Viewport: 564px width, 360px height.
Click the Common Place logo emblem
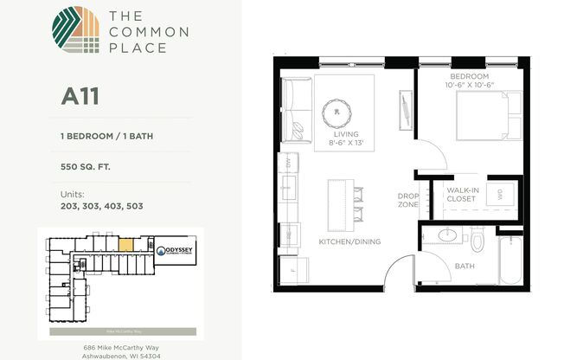tap(75, 32)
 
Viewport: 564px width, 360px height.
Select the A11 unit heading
tap(80, 96)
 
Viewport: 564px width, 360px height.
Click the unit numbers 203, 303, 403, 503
tap(101, 207)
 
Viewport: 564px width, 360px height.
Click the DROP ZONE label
tap(407, 200)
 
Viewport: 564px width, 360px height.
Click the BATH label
tap(465, 266)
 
